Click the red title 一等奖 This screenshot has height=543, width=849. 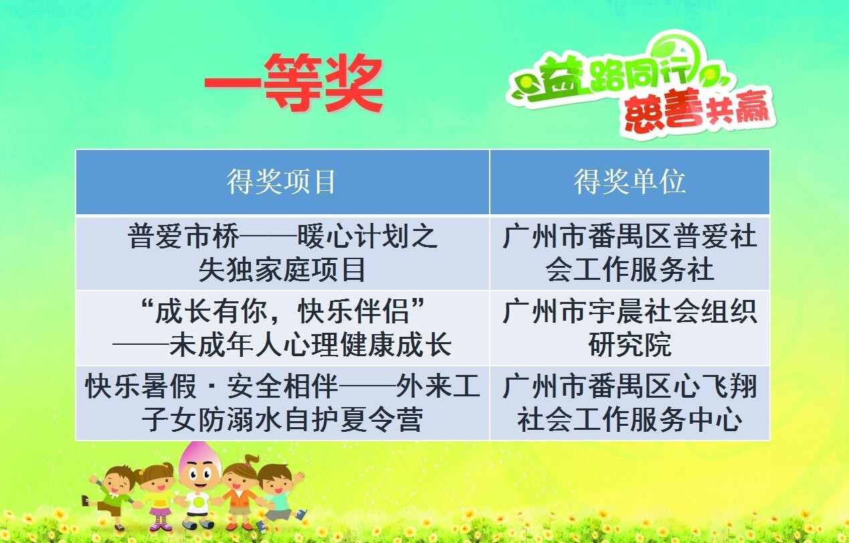[294, 83]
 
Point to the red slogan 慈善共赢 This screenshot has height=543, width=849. [696, 110]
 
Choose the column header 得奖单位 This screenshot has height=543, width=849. [630, 182]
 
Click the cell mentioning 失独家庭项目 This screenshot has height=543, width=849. [282, 253]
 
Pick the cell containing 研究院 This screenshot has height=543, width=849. [630, 328]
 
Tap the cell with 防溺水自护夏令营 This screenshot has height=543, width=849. [282, 402]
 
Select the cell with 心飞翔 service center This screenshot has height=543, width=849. [630, 402]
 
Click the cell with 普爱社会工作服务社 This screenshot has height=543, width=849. [630, 253]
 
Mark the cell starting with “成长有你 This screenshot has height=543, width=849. [282, 328]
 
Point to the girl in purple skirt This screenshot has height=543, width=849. [158, 497]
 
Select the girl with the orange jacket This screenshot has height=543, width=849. [240, 493]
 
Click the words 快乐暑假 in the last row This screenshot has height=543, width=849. [140, 386]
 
